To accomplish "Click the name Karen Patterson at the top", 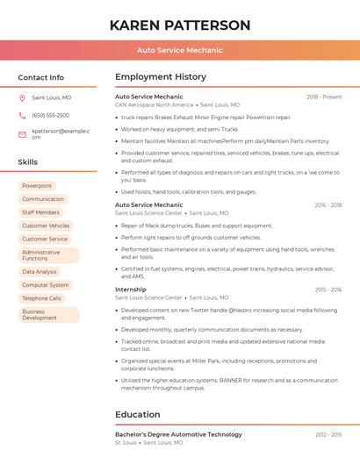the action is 180,25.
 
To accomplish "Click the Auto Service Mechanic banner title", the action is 180,50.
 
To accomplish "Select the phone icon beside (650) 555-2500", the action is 22,115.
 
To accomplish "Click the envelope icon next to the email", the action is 22,133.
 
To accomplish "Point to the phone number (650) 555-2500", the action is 50,115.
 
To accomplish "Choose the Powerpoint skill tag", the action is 37,186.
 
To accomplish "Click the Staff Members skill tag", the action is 40,212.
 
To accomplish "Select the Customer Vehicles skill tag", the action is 46,225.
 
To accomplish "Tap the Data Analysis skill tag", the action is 40,272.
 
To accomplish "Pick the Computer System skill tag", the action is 45,285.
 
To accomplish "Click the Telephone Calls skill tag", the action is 41,298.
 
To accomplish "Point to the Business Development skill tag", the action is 40,314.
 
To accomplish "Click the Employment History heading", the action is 161,77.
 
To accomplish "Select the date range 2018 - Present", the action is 324,97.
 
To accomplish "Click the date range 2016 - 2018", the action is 328,205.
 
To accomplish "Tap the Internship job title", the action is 131,290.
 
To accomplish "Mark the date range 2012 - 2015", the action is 328,434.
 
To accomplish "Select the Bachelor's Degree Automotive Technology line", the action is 178,434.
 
